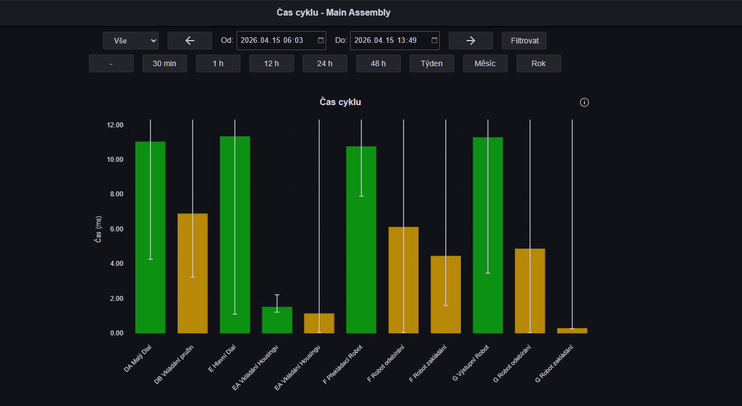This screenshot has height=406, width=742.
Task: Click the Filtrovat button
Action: [x=524, y=41]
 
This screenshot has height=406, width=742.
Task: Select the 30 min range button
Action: [x=165, y=63]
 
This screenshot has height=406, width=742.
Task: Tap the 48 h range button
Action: [x=379, y=63]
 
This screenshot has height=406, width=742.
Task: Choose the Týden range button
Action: [x=431, y=63]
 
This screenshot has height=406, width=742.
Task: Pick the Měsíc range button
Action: [x=485, y=63]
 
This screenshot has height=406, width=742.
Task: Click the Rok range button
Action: [x=539, y=63]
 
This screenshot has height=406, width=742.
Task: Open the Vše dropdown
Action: [x=130, y=41]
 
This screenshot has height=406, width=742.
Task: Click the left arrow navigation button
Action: [x=189, y=41]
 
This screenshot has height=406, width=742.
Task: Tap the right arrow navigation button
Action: [x=471, y=41]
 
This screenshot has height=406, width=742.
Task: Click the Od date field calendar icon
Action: [x=321, y=41]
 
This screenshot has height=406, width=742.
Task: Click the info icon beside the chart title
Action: [x=584, y=102]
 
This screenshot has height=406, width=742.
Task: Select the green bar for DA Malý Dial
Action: [x=150, y=237]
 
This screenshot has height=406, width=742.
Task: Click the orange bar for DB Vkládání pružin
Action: [x=193, y=273]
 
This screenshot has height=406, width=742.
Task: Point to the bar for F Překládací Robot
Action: [x=361, y=240]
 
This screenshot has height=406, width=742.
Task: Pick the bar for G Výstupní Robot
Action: [x=488, y=235]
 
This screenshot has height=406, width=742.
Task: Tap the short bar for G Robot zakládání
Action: [x=572, y=330]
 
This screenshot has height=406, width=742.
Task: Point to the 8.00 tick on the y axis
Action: [x=116, y=194]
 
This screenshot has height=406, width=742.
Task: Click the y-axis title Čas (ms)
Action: [x=99, y=229]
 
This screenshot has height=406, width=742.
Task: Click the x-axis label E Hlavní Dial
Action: [x=222, y=358]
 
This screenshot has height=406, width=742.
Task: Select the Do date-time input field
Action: [x=395, y=41]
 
